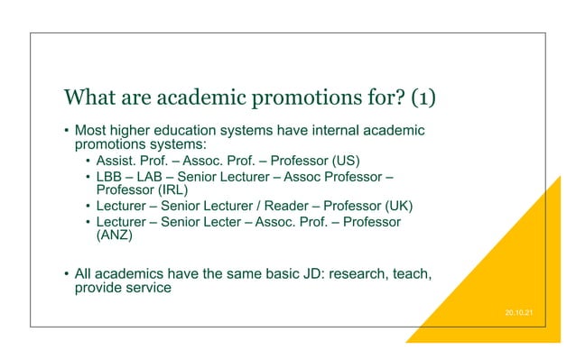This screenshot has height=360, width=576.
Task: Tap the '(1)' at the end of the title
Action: click(x=441, y=97)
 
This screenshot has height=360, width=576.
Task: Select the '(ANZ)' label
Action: click(x=114, y=237)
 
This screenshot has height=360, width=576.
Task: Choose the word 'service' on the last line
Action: click(x=148, y=290)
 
